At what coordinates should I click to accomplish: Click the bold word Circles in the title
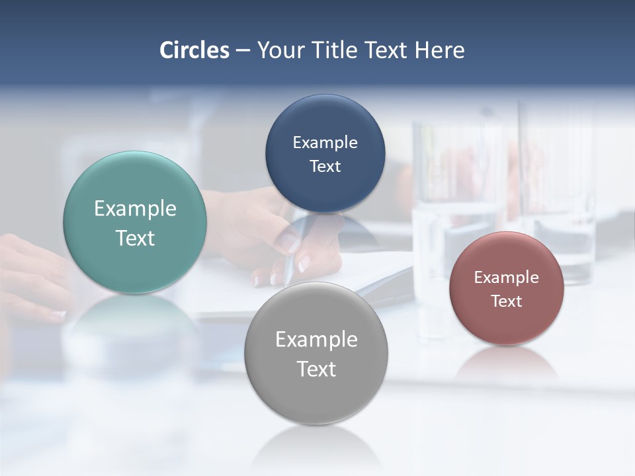[x=194, y=50]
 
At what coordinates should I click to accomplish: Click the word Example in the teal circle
[x=135, y=209]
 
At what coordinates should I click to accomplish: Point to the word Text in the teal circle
[x=135, y=239]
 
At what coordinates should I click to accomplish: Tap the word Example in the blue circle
[x=325, y=143]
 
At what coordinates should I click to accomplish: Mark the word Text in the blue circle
[x=325, y=167]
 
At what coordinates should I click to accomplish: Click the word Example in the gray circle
[x=316, y=340]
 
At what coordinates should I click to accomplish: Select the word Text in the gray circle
[x=316, y=370]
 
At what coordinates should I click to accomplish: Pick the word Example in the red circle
[x=507, y=278]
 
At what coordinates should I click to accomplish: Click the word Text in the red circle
[x=507, y=301]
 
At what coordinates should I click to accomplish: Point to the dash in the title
[x=243, y=50]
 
